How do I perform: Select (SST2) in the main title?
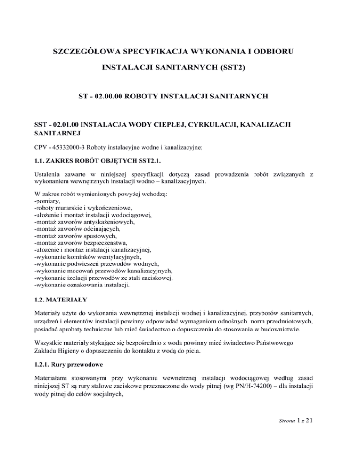point(228,68)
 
